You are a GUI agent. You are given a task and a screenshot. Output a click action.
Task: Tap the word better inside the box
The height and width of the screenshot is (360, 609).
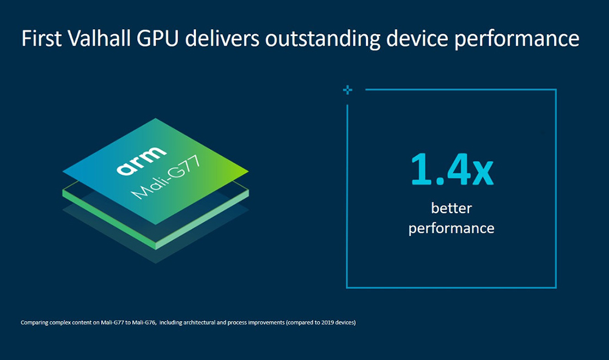451,208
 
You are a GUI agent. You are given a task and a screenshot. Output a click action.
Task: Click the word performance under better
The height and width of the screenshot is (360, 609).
451,229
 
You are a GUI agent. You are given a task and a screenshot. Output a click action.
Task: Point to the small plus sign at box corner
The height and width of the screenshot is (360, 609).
347,90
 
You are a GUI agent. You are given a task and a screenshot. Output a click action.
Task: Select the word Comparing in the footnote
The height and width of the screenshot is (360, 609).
35,322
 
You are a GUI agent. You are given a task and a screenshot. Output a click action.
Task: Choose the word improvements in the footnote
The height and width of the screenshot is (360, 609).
270,322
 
